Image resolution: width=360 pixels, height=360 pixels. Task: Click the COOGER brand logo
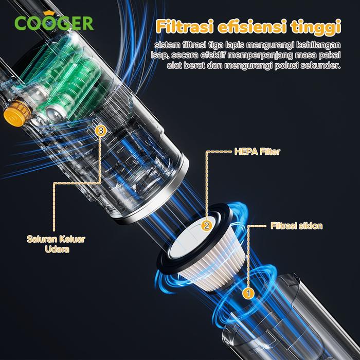tap(53, 22)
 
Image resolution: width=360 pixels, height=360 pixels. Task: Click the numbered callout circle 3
tap(101, 131)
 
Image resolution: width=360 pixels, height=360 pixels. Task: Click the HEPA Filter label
tap(257, 152)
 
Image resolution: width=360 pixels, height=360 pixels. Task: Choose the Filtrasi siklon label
tap(296, 226)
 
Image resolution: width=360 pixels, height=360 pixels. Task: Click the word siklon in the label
tap(310, 226)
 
